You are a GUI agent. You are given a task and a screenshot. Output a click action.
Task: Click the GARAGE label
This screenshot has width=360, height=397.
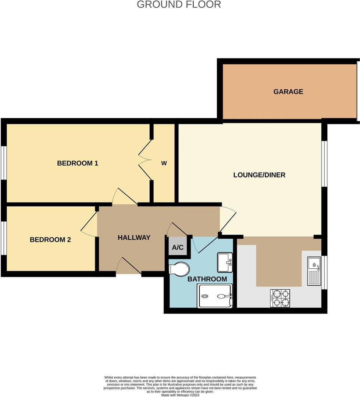pyautogui.click(x=288, y=92)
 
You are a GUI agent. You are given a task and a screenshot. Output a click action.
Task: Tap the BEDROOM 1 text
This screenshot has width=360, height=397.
pyautogui.click(x=78, y=163)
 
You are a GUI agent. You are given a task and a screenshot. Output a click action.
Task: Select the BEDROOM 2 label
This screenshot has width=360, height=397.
pyautogui.click(x=50, y=240)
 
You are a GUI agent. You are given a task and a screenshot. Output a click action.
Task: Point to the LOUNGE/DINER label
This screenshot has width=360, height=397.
pyautogui.click(x=259, y=175)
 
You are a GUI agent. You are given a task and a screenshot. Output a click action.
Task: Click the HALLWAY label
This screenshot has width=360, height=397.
pyautogui.click(x=134, y=237)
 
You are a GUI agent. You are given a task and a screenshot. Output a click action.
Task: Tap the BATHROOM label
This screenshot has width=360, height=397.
pyautogui.click(x=207, y=279)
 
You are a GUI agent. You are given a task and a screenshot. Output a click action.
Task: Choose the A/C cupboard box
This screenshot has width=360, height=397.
pyautogui.click(x=178, y=247)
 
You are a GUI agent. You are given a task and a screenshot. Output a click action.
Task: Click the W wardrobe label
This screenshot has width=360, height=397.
pyautogui.click(x=164, y=163)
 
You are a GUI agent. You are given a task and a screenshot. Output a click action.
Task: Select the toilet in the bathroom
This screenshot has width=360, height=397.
pyautogui.click(x=179, y=268)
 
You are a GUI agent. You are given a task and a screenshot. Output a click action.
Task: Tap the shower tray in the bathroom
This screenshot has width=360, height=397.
pyautogui.click(x=215, y=296)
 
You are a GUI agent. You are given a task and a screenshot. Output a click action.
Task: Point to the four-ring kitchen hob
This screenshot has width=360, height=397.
pyautogui.click(x=280, y=298)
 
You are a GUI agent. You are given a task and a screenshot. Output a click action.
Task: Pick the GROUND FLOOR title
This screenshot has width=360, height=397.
pyautogui.click(x=179, y=4)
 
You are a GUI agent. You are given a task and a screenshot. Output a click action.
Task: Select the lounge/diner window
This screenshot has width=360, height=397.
pyautogui.click(x=325, y=164)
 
